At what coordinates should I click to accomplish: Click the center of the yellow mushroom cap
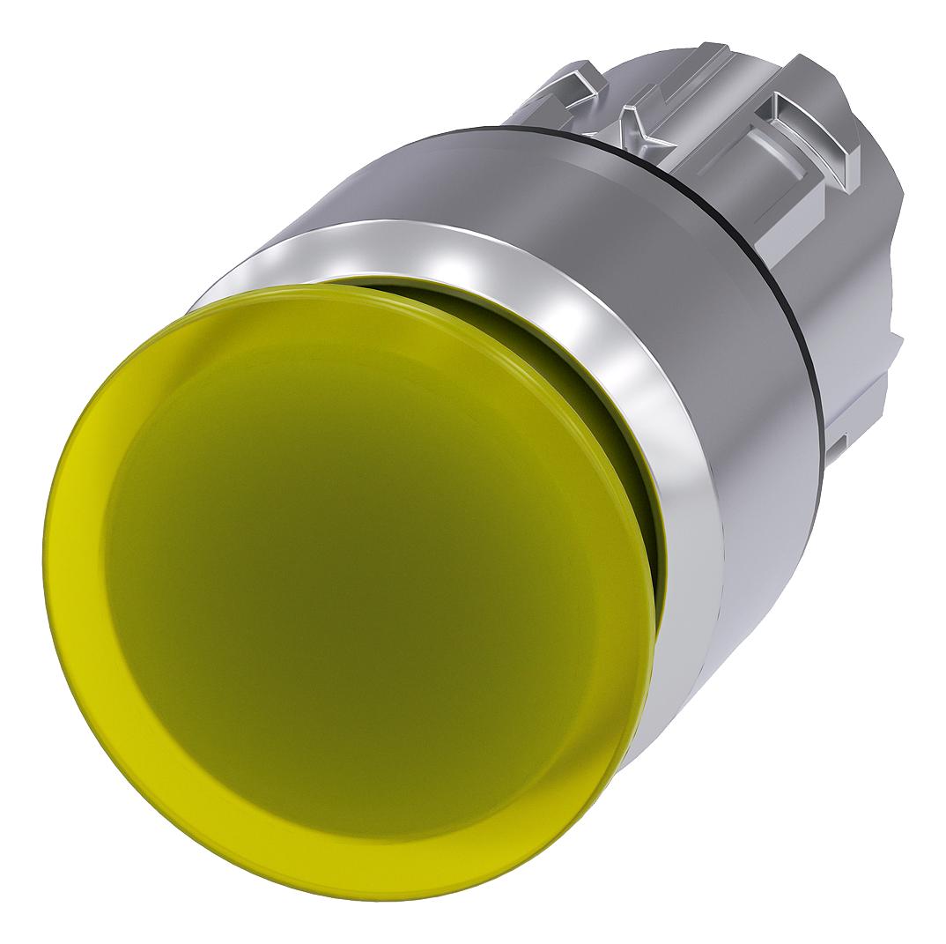click(352, 564)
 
